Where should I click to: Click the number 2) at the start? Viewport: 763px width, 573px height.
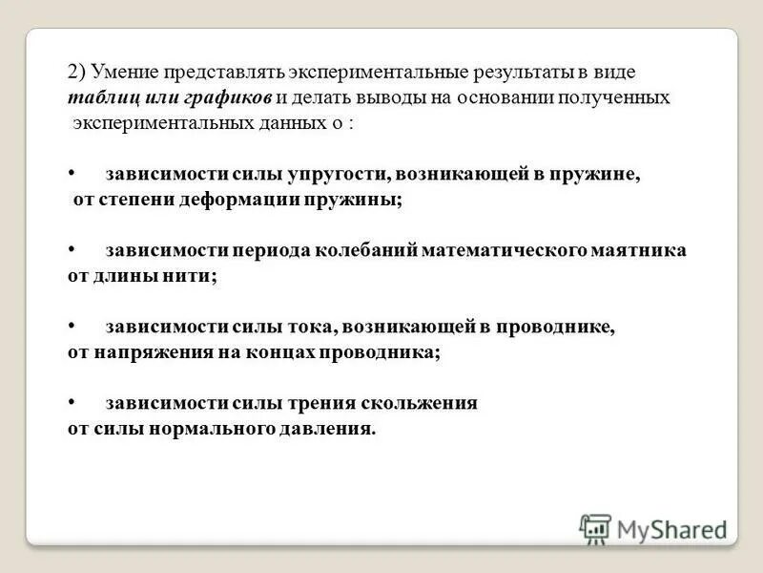[x=76, y=72]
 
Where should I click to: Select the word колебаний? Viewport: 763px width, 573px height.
[x=369, y=250]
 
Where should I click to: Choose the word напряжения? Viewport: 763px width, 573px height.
[x=145, y=352]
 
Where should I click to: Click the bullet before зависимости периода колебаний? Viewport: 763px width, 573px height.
[x=72, y=249]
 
